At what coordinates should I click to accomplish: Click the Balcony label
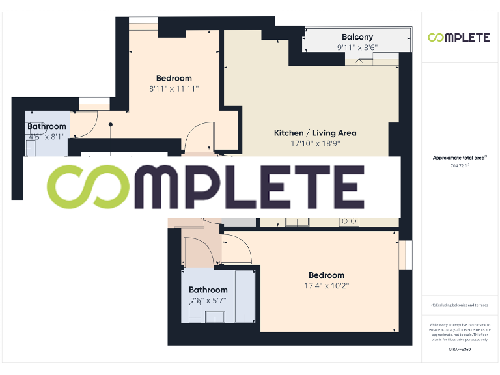point(357,37)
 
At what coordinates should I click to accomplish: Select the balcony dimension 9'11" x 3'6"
point(357,48)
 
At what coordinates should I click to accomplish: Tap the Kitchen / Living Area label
point(314,133)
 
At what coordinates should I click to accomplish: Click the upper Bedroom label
point(173,79)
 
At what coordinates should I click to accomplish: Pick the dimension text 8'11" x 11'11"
point(173,89)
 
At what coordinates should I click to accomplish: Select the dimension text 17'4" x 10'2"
point(326,286)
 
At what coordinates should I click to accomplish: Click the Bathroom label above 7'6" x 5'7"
point(208,290)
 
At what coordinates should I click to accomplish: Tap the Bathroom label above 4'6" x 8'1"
point(46,126)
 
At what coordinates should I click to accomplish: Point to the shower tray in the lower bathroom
point(247,296)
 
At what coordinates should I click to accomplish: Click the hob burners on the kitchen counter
point(348,221)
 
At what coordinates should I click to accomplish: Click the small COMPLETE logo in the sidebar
point(458,38)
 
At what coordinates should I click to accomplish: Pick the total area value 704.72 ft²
point(460,166)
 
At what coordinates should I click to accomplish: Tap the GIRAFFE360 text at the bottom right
point(460,350)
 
